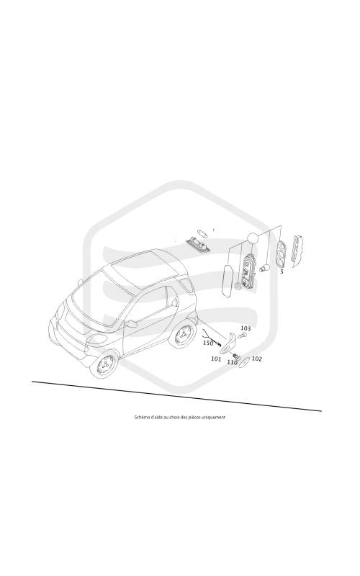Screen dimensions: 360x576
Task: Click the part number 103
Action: click(x=246, y=328)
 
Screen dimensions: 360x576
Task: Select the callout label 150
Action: click(x=208, y=343)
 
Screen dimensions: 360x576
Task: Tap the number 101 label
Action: click(x=216, y=359)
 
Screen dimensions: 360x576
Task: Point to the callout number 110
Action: click(x=232, y=362)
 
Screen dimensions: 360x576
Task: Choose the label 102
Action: click(x=257, y=359)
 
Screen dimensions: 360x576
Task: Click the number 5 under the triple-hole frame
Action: click(x=282, y=272)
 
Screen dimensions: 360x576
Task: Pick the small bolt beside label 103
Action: click(x=243, y=336)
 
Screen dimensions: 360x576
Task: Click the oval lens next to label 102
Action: click(x=243, y=362)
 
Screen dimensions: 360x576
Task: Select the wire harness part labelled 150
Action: click(x=211, y=338)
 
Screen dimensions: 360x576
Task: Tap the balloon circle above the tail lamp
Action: click(x=253, y=238)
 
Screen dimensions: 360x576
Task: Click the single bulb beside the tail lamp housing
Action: click(x=264, y=269)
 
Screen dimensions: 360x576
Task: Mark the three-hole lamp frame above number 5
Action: click(x=282, y=254)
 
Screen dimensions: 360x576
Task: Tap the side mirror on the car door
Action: click(x=130, y=323)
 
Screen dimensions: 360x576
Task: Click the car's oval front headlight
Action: click(x=97, y=338)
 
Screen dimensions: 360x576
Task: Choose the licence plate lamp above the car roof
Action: click(x=199, y=243)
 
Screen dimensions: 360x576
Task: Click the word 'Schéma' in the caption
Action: click(x=141, y=417)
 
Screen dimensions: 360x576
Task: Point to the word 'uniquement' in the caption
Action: click(x=215, y=417)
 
